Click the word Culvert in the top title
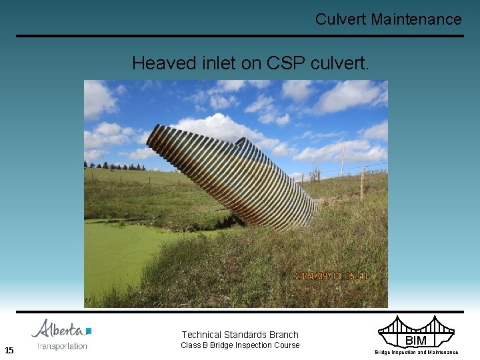coord(341,19)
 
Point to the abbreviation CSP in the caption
coord(285,63)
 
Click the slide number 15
coord(9,350)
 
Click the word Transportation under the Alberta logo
coord(63,345)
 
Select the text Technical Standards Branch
coord(240,335)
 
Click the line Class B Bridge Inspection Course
coord(240,345)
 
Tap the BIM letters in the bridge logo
coord(416,341)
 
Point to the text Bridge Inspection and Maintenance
coord(416,352)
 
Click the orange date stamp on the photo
coord(331,276)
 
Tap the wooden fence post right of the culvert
coord(362,183)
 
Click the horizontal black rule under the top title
coord(240,36)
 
